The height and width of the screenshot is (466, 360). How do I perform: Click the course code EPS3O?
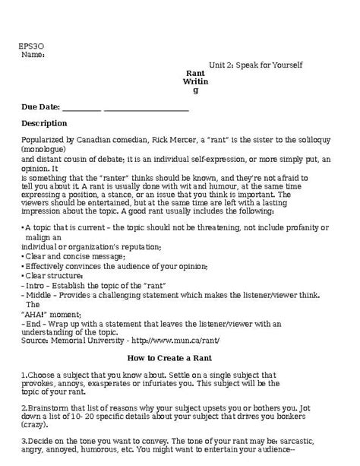coord(30,46)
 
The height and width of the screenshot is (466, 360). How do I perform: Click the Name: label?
coord(33,55)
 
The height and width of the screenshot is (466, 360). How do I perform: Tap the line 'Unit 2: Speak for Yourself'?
coord(256,65)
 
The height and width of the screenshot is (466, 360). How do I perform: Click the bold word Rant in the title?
coord(195,73)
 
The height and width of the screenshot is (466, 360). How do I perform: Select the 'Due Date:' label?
coord(43,107)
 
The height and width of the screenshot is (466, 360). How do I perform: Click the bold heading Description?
coord(44,123)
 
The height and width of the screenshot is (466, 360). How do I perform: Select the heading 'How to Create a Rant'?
coord(179,358)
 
